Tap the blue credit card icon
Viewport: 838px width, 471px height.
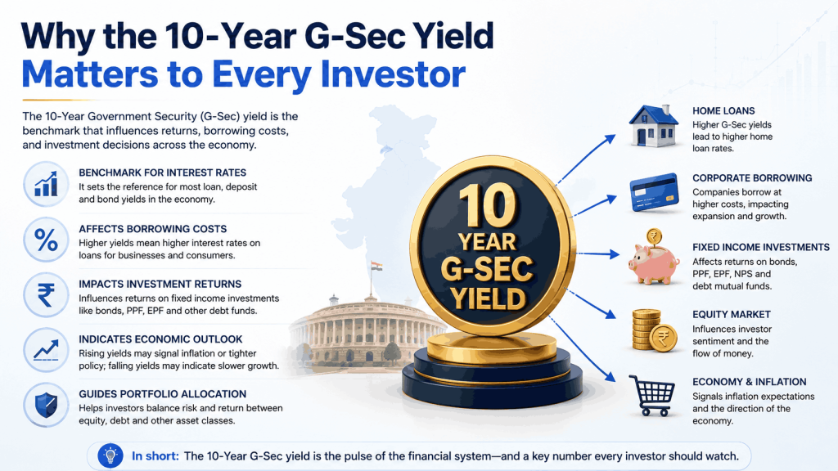click(654, 192)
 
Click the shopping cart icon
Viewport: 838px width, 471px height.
click(652, 395)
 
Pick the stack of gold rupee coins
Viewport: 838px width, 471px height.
click(654, 330)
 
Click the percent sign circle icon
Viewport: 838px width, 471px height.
click(46, 240)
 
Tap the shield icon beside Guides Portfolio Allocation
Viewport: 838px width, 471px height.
click(46, 405)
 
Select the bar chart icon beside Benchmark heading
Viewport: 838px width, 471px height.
click(46, 184)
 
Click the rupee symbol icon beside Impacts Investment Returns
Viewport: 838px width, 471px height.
click(46, 294)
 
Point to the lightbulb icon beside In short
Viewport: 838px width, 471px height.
click(110, 456)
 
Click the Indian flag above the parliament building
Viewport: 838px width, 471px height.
click(377, 267)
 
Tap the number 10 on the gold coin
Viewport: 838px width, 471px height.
click(489, 205)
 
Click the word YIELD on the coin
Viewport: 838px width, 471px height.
click(488, 298)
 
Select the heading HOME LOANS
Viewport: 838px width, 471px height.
click(723, 111)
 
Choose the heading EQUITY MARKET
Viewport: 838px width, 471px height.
click(732, 315)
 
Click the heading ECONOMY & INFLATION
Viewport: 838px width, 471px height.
click(750, 382)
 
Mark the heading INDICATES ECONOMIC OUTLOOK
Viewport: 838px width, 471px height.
click(160, 339)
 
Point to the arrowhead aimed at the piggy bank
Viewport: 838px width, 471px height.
click(614, 255)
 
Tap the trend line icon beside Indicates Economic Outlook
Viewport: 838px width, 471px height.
click(46, 350)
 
